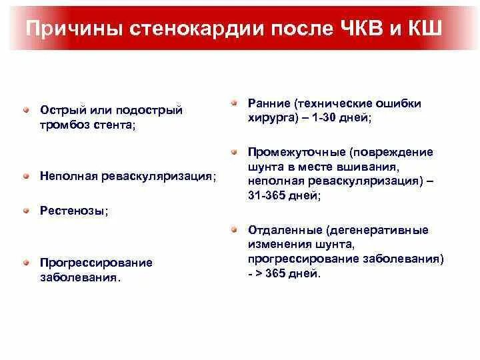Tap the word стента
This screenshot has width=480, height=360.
(x=113, y=125)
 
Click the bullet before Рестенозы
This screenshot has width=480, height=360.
(x=25, y=209)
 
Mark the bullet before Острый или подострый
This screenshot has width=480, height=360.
(x=25, y=109)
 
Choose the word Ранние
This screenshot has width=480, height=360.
(x=267, y=103)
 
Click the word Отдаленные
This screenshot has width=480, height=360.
(x=283, y=230)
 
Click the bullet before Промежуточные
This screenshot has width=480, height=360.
(x=234, y=151)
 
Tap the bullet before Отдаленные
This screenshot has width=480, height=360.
(x=234, y=229)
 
